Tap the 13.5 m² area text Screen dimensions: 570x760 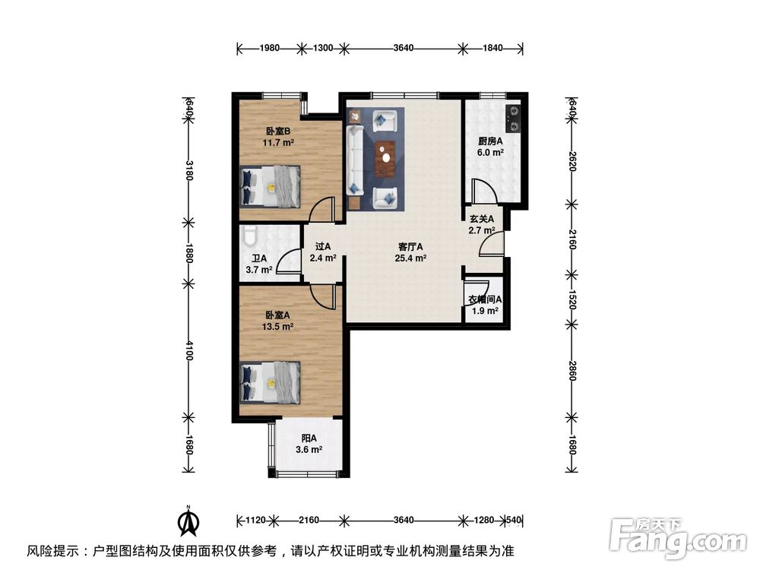(279, 327)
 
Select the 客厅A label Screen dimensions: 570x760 (410, 246)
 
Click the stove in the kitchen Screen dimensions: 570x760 (515, 116)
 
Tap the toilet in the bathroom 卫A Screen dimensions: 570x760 (249, 238)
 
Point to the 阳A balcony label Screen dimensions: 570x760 (309, 438)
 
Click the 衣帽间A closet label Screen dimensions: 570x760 (483, 299)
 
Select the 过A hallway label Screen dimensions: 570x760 (323, 246)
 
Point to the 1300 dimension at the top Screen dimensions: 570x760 (323, 48)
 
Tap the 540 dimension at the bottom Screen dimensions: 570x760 (515, 521)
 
